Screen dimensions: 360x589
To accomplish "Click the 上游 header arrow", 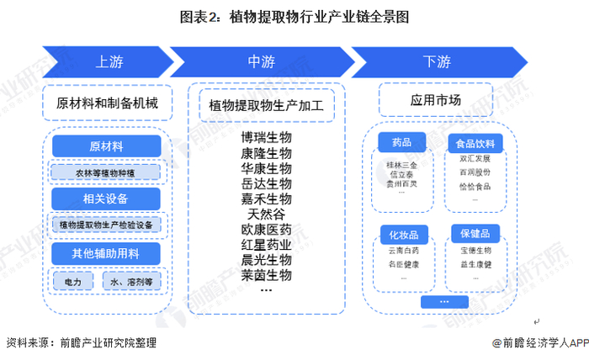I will point(108,61).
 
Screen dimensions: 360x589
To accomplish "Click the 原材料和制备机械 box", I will point(108,103).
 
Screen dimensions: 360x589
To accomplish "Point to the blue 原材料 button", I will point(106,146).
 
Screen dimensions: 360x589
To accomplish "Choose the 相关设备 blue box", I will point(106,199).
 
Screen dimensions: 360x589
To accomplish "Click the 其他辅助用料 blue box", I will point(106,252).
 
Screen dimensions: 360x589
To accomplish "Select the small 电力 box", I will point(73,283).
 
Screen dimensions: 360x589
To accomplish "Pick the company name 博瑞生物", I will point(266,137).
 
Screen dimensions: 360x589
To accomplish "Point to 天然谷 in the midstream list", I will point(266,214).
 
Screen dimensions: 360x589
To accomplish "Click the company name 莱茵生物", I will point(266,275).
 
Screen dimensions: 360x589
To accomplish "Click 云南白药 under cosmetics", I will point(401,251).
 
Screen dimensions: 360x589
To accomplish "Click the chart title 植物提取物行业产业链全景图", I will point(294,16).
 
